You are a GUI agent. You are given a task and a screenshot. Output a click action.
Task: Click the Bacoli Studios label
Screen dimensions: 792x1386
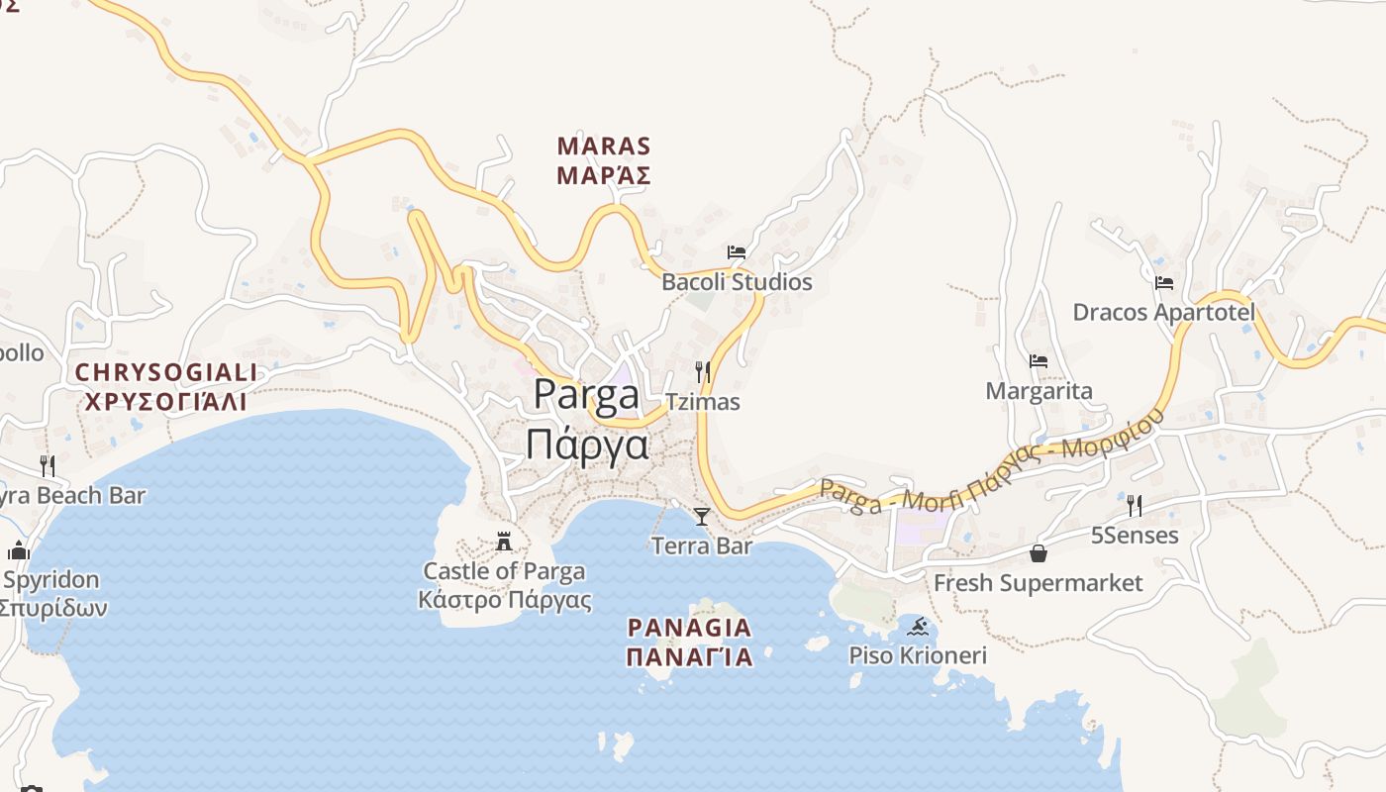tap(737, 282)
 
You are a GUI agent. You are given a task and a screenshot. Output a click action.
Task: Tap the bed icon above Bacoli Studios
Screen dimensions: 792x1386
tap(736, 252)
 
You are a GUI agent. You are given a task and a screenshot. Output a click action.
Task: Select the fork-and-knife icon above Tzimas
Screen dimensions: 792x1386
tap(703, 372)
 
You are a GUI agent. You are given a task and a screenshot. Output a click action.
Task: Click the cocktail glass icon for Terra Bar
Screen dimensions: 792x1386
tap(702, 516)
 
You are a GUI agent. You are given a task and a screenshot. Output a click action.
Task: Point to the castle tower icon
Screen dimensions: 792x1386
tap(504, 542)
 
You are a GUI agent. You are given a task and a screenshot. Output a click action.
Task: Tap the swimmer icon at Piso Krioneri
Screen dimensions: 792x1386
tap(918, 627)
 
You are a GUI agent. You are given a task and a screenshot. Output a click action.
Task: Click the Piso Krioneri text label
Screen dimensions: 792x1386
tap(918, 655)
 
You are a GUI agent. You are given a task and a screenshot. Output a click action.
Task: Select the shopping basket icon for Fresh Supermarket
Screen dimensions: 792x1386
tap(1038, 553)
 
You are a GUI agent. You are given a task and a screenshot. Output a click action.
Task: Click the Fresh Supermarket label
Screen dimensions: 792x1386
tap(1038, 583)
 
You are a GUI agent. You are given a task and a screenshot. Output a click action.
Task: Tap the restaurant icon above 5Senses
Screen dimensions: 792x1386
tap(1135, 506)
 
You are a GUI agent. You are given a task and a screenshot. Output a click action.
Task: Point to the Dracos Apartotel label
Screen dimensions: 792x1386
tap(1163, 313)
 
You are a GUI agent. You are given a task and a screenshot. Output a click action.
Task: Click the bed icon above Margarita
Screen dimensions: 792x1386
tap(1039, 361)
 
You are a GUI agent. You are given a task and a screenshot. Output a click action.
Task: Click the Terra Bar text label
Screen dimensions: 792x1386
tap(702, 545)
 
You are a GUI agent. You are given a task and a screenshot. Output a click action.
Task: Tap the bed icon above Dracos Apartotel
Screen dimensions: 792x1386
tap(1164, 283)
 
